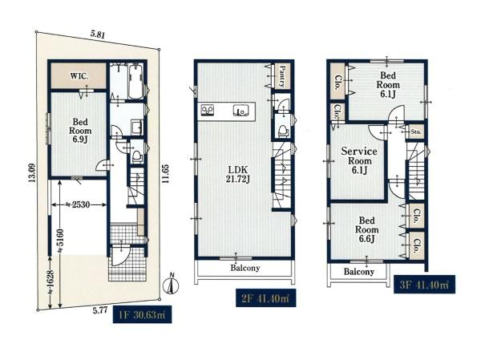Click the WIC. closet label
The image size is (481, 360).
tap(79, 76)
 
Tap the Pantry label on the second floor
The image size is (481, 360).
tap(282, 76)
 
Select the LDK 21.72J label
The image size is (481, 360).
tap(238, 174)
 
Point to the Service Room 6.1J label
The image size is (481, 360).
tap(359, 160)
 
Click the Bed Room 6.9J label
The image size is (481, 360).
tap(80, 131)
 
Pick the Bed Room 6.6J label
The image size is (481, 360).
tap(367, 229)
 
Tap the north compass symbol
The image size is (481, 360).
tap(172, 284)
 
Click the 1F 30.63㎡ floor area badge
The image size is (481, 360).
tap(142, 314)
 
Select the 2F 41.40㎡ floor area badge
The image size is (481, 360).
tap(265, 297)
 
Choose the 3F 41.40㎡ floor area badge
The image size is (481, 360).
tap(424, 285)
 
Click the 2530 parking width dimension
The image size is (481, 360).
tap(79, 204)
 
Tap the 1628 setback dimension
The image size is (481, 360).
tap(51, 282)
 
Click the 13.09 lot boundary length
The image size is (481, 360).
tap(32, 173)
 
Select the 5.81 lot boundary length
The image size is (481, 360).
tap(98, 34)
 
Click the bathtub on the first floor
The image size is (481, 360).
tap(135, 82)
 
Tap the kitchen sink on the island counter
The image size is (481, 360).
tap(240, 111)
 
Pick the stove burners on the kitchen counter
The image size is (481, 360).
tap(208, 110)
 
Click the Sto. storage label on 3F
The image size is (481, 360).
tap(416, 132)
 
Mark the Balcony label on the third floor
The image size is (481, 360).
tap(359, 272)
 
